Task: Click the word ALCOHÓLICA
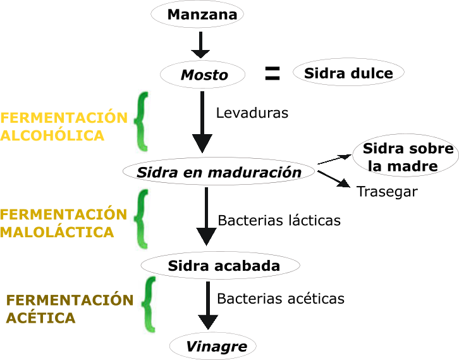click(52, 136)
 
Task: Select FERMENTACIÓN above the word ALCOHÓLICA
click(63, 118)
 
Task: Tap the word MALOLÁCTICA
click(57, 232)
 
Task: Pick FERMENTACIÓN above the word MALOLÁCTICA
click(63, 214)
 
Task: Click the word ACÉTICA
click(41, 318)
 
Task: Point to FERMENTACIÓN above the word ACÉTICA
click(70, 300)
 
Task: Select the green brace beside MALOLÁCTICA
click(141, 218)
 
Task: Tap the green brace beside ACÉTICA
click(149, 304)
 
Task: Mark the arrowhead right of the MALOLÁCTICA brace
click(206, 237)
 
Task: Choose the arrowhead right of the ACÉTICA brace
click(208, 321)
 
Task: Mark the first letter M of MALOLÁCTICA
click(6, 232)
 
